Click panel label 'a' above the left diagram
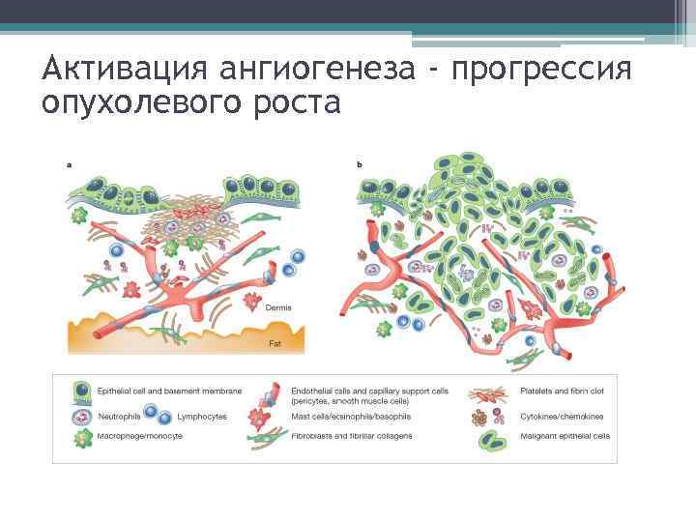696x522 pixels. click(x=70, y=164)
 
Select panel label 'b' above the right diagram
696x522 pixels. click(x=361, y=164)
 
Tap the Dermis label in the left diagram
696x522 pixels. click(x=277, y=308)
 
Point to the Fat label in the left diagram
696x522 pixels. click(x=274, y=342)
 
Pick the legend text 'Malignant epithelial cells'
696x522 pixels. click(x=566, y=436)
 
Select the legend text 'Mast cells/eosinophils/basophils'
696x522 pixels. click(x=351, y=417)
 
